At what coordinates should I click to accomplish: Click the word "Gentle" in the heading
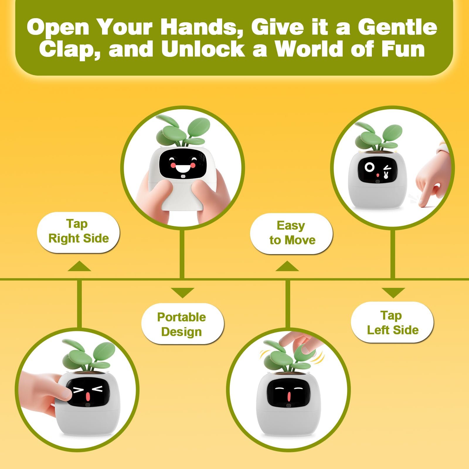(x=397, y=27)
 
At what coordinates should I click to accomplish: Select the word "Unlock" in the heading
(x=203, y=49)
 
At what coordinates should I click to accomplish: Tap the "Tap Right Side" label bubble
(x=78, y=232)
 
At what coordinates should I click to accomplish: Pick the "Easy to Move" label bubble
(x=291, y=234)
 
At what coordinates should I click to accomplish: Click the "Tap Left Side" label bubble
(x=392, y=322)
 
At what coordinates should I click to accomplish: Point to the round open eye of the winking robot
(x=369, y=167)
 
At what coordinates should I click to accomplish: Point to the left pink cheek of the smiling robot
(x=173, y=166)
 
